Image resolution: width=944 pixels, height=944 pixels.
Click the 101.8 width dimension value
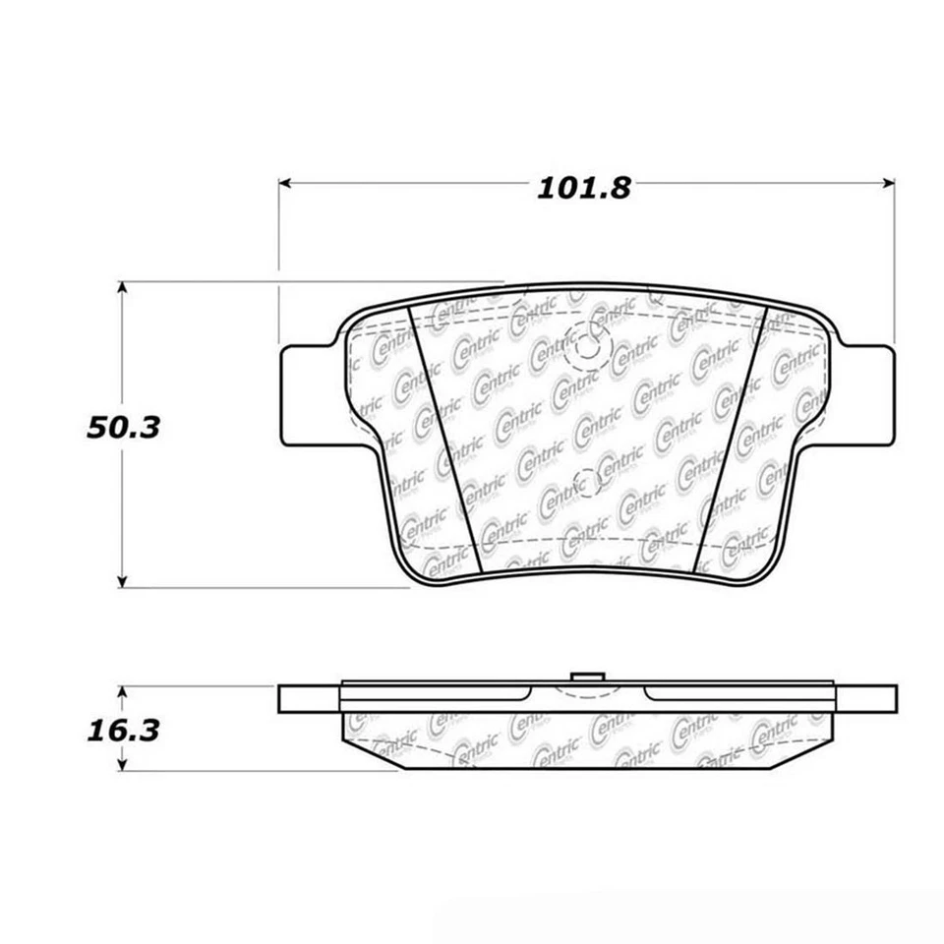[583, 188]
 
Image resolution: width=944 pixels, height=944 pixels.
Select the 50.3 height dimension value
[122, 430]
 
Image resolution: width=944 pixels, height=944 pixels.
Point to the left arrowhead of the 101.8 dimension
[286, 183]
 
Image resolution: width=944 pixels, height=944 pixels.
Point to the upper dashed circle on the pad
[591, 346]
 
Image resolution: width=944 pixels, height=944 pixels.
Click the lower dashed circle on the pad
[586, 482]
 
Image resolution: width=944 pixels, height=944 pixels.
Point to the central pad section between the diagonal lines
[587, 423]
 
